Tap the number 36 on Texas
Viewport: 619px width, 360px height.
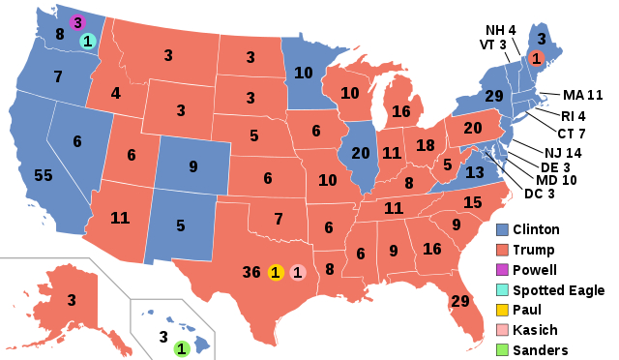click(x=251, y=272)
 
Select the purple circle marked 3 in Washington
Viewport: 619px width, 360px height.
click(x=78, y=23)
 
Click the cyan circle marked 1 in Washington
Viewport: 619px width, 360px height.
click(x=87, y=42)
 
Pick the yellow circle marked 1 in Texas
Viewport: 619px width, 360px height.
click(x=276, y=273)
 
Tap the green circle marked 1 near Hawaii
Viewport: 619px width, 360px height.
click(x=181, y=347)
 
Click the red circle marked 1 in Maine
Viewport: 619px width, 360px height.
click(x=536, y=58)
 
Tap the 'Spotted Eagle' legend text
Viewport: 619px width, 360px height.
click(x=560, y=290)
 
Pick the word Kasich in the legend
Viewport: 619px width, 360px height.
click(x=537, y=330)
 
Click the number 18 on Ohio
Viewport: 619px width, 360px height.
click(x=425, y=144)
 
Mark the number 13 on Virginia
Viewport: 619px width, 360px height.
click(x=474, y=172)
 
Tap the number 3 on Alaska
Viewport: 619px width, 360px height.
click(x=71, y=300)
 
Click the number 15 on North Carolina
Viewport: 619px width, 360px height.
click(x=473, y=202)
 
